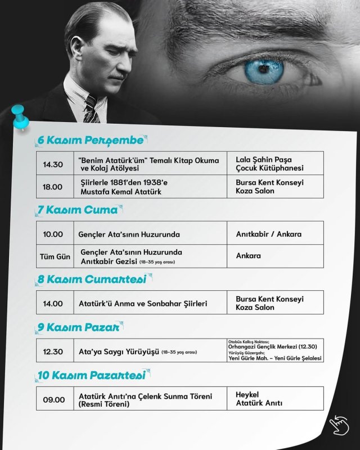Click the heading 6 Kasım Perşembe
pyautogui.click(x=90, y=140)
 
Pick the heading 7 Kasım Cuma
pyautogui.click(x=77, y=210)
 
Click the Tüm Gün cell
pyautogui.click(x=55, y=256)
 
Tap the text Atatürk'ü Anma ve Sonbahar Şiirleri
pyautogui.click(x=143, y=303)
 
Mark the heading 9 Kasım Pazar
pyautogui.click(x=78, y=327)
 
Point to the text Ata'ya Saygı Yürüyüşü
pyautogui.click(x=119, y=352)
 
